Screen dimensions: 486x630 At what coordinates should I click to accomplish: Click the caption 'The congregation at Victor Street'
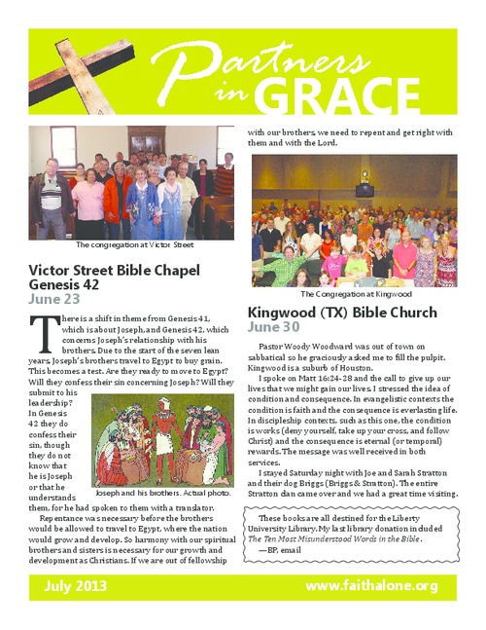point(131,245)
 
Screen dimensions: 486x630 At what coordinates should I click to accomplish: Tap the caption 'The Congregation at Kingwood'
point(356,293)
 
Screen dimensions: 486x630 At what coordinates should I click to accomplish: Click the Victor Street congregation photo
point(131,182)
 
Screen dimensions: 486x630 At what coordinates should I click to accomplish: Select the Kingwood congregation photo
point(355,222)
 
